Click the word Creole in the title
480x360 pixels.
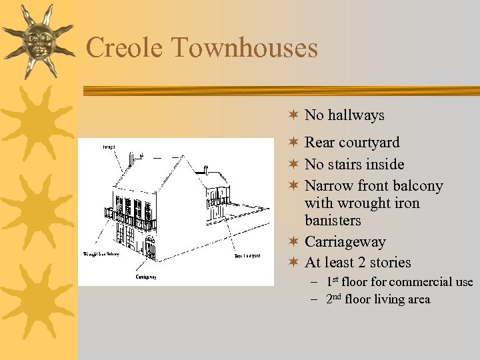(x=124, y=48)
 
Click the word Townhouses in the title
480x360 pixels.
(x=244, y=48)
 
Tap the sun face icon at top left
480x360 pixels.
(x=37, y=41)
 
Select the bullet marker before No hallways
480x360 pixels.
(x=292, y=115)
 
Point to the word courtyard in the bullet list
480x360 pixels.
(x=369, y=143)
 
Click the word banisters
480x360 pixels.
(x=332, y=220)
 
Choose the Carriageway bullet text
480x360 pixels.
(x=345, y=241)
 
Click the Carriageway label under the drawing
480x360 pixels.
(x=146, y=277)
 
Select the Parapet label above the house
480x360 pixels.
(x=109, y=145)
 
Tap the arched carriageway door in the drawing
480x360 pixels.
(x=150, y=249)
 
